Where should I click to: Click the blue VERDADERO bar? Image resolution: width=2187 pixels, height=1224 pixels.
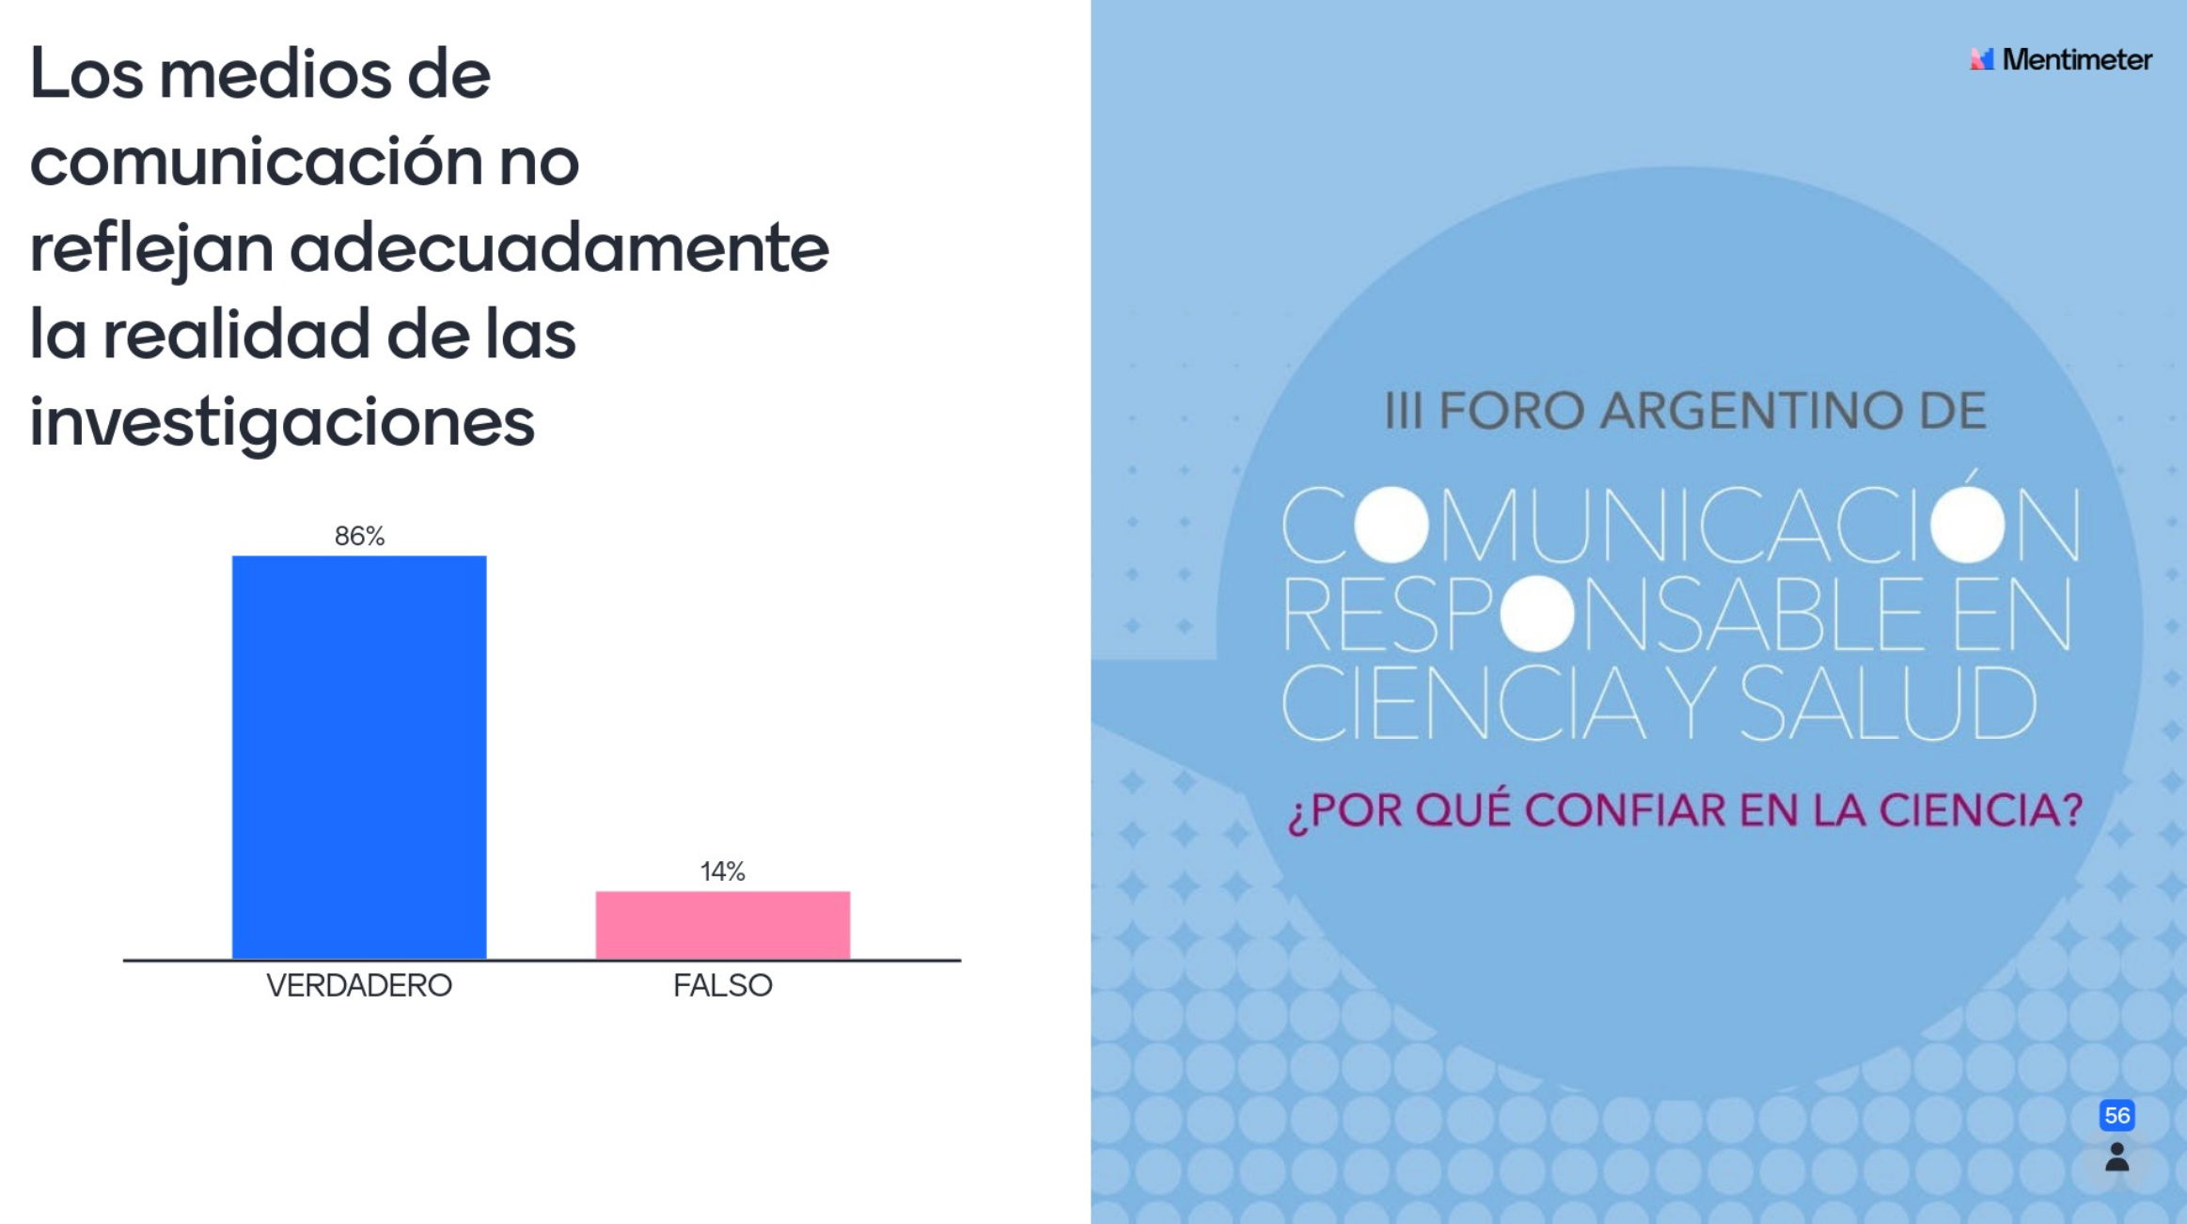pos(359,757)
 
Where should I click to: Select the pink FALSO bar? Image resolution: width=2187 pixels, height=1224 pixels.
pos(722,925)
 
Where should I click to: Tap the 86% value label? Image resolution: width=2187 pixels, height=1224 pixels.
pos(359,536)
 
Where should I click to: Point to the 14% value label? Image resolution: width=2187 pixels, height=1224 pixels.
pos(722,871)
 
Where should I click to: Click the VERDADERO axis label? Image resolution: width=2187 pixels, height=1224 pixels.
pos(359,985)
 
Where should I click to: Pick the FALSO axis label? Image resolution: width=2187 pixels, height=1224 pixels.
pos(722,985)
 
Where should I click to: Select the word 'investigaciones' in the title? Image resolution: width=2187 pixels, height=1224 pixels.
pos(282,422)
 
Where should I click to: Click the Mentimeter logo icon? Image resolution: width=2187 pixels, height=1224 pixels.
pos(1981,59)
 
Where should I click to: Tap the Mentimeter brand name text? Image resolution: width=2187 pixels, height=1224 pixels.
pos(2077,59)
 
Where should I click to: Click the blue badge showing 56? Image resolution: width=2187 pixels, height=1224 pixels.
pos(2116,1115)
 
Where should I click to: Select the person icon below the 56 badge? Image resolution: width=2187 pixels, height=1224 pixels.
pos(2116,1157)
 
